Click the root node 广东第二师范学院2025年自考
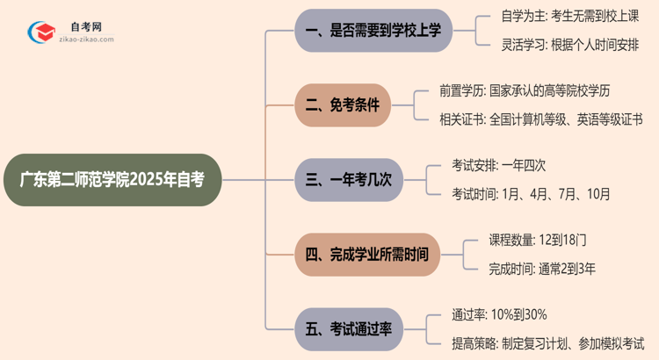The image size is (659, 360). [112, 180]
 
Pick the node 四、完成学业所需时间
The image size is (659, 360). [366, 255]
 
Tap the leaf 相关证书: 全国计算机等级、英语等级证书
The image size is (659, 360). [540, 119]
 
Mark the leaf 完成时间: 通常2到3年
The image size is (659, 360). [542, 268]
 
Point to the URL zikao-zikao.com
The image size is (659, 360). [83, 40]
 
